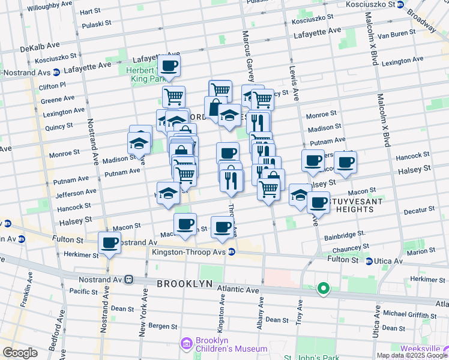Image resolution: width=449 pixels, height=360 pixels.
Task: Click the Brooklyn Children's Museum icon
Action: [x=185, y=343]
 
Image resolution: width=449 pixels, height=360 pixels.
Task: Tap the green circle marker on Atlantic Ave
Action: [x=324, y=290]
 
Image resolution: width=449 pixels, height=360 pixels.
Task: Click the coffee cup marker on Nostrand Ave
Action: [x=109, y=243]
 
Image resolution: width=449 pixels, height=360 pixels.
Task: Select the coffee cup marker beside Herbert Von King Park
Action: [x=169, y=65]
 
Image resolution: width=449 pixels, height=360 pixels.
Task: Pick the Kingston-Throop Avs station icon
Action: [x=231, y=252]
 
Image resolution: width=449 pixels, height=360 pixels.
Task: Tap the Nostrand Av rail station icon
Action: [x=128, y=279]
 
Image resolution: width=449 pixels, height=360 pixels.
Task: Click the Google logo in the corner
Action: [x=20, y=352]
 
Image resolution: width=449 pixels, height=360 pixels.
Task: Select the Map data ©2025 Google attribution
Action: [x=412, y=355]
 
